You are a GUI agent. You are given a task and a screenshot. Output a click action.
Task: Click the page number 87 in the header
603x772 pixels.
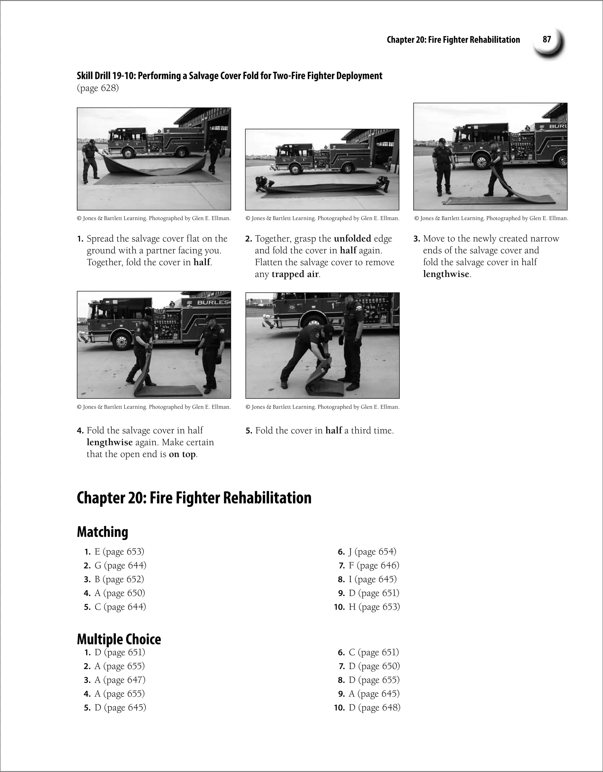pyautogui.click(x=547, y=39)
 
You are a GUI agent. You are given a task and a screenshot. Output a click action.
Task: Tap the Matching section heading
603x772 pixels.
pyautogui.click(x=102, y=532)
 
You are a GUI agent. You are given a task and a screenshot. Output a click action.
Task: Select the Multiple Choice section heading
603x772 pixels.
pyautogui.click(x=119, y=639)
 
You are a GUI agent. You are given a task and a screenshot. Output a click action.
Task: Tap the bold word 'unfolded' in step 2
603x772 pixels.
pyautogui.click(x=352, y=239)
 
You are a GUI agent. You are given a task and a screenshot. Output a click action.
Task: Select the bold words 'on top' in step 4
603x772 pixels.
pyautogui.click(x=182, y=454)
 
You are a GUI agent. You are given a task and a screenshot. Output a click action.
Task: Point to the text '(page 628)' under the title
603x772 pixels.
pyautogui.click(x=98, y=88)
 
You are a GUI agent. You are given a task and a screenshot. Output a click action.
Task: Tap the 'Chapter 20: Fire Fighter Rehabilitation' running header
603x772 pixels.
pyautogui.click(x=453, y=39)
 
